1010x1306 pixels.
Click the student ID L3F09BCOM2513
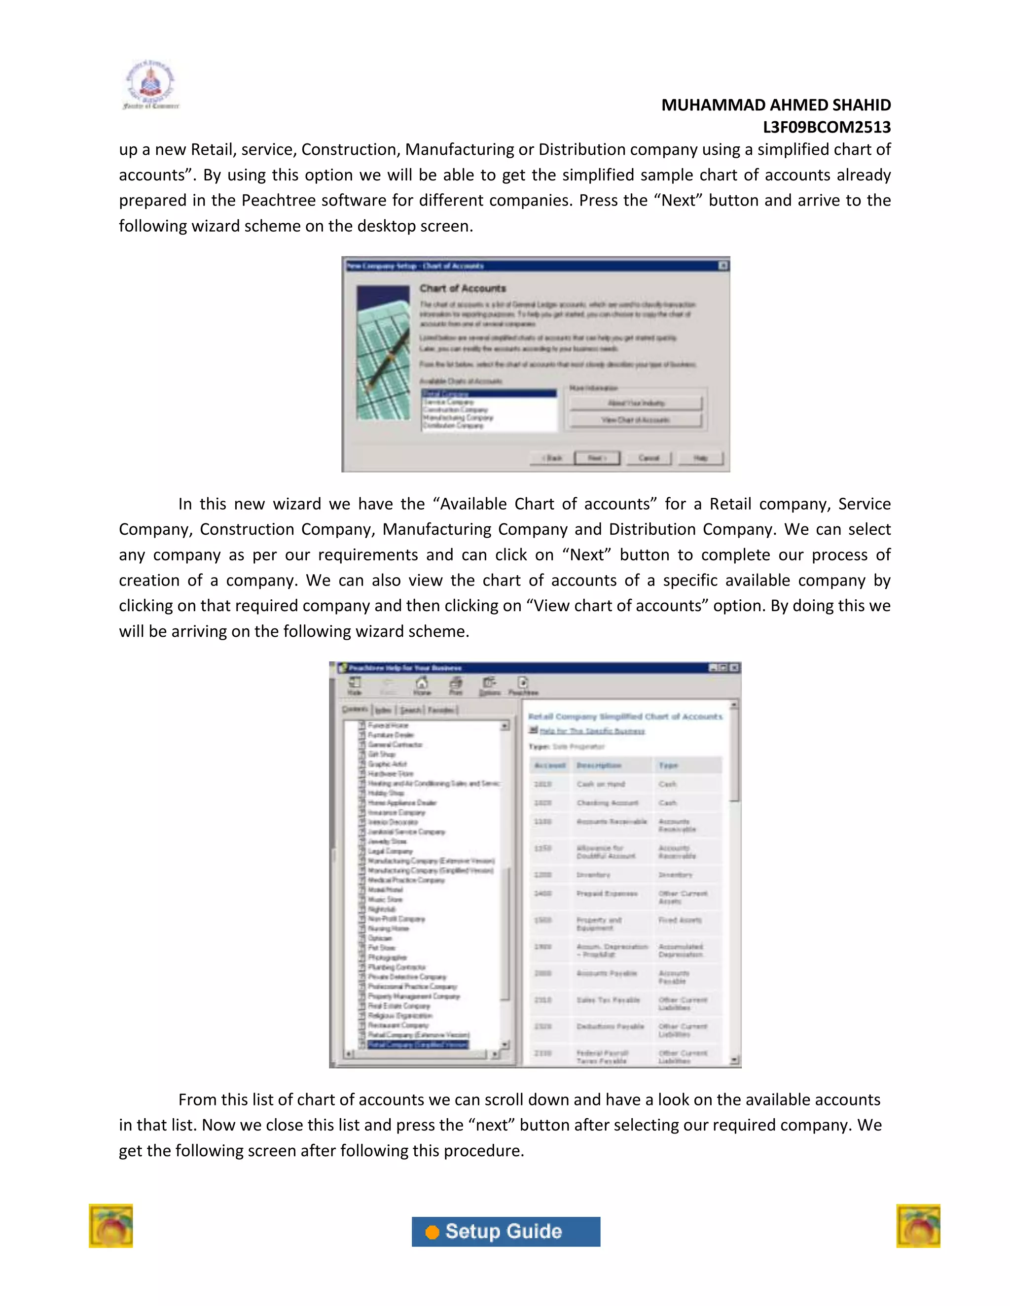(827, 127)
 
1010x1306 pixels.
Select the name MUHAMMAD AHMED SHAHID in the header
(775, 105)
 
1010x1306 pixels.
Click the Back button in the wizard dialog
(552, 458)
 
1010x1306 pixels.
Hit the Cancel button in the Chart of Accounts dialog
(649, 458)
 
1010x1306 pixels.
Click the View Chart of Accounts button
(635, 420)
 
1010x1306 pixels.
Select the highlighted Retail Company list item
(488, 393)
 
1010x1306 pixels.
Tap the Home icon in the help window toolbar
(422, 686)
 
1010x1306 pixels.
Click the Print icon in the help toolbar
(456, 686)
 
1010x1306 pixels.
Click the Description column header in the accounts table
(599, 765)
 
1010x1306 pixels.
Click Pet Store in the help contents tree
(381, 948)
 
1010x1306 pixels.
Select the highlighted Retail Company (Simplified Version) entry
(417, 1045)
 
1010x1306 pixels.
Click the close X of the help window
(734, 667)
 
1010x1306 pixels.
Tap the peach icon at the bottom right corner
(918, 1226)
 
